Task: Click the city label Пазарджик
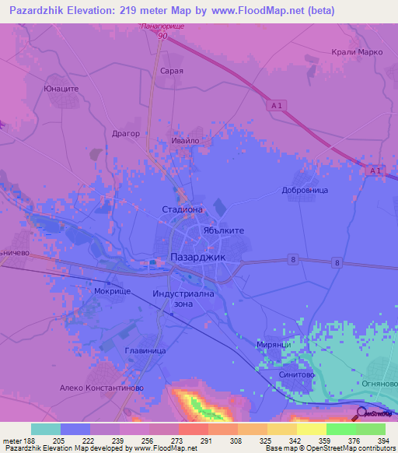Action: click(197, 258)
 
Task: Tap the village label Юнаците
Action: click(61, 89)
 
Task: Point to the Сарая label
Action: click(171, 70)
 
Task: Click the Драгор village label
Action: click(125, 133)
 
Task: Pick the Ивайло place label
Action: click(186, 141)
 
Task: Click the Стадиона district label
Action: click(182, 209)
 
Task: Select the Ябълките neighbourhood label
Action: click(224, 231)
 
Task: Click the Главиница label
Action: click(145, 351)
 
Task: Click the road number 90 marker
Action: click(162, 36)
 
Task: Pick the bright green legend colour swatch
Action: click(340, 429)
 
